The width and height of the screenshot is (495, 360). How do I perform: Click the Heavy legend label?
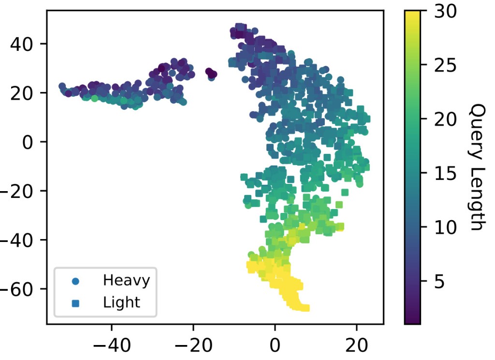pyautogui.click(x=126, y=280)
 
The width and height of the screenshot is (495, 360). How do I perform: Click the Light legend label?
pyautogui.click(x=121, y=303)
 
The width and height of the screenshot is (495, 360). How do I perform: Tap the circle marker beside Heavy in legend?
pyautogui.click(x=75, y=281)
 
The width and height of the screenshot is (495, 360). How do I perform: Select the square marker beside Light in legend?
pyautogui.click(x=75, y=303)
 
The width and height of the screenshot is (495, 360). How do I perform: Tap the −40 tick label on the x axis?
pyautogui.click(x=111, y=347)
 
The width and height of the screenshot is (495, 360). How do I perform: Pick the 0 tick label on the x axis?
pyautogui.click(x=275, y=347)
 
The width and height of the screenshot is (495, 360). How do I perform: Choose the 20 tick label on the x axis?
pyautogui.click(x=356, y=347)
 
